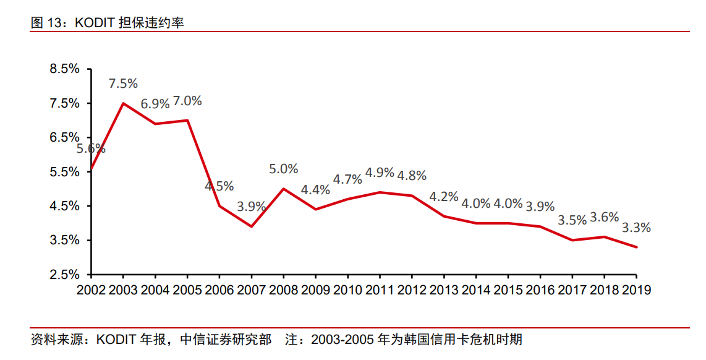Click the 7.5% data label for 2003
click(x=123, y=84)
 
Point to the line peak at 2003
click(x=123, y=103)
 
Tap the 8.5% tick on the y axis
click(x=65, y=69)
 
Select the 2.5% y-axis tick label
click(x=65, y=274)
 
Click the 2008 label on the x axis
click(x=284, y=289)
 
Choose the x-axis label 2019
click(x=636, y=289)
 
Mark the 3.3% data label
click(x=636, y=228)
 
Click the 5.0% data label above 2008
click(x=284, y=169)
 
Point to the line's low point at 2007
click(x=252, y=226)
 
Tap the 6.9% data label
click(x=155, y=104)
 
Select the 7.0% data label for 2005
click(x=187, y=100)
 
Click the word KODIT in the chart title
click(x=94, y=23)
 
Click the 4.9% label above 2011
click(x=380, y=173)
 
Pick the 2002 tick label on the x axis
click(x=91, y=289)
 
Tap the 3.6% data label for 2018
click(x=604, y=217)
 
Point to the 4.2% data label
click(x=444, y=197)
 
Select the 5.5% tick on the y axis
click(x=65, y=171)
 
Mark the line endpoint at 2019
click(x=636, y=247)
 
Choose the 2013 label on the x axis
click(x=444, y=289)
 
